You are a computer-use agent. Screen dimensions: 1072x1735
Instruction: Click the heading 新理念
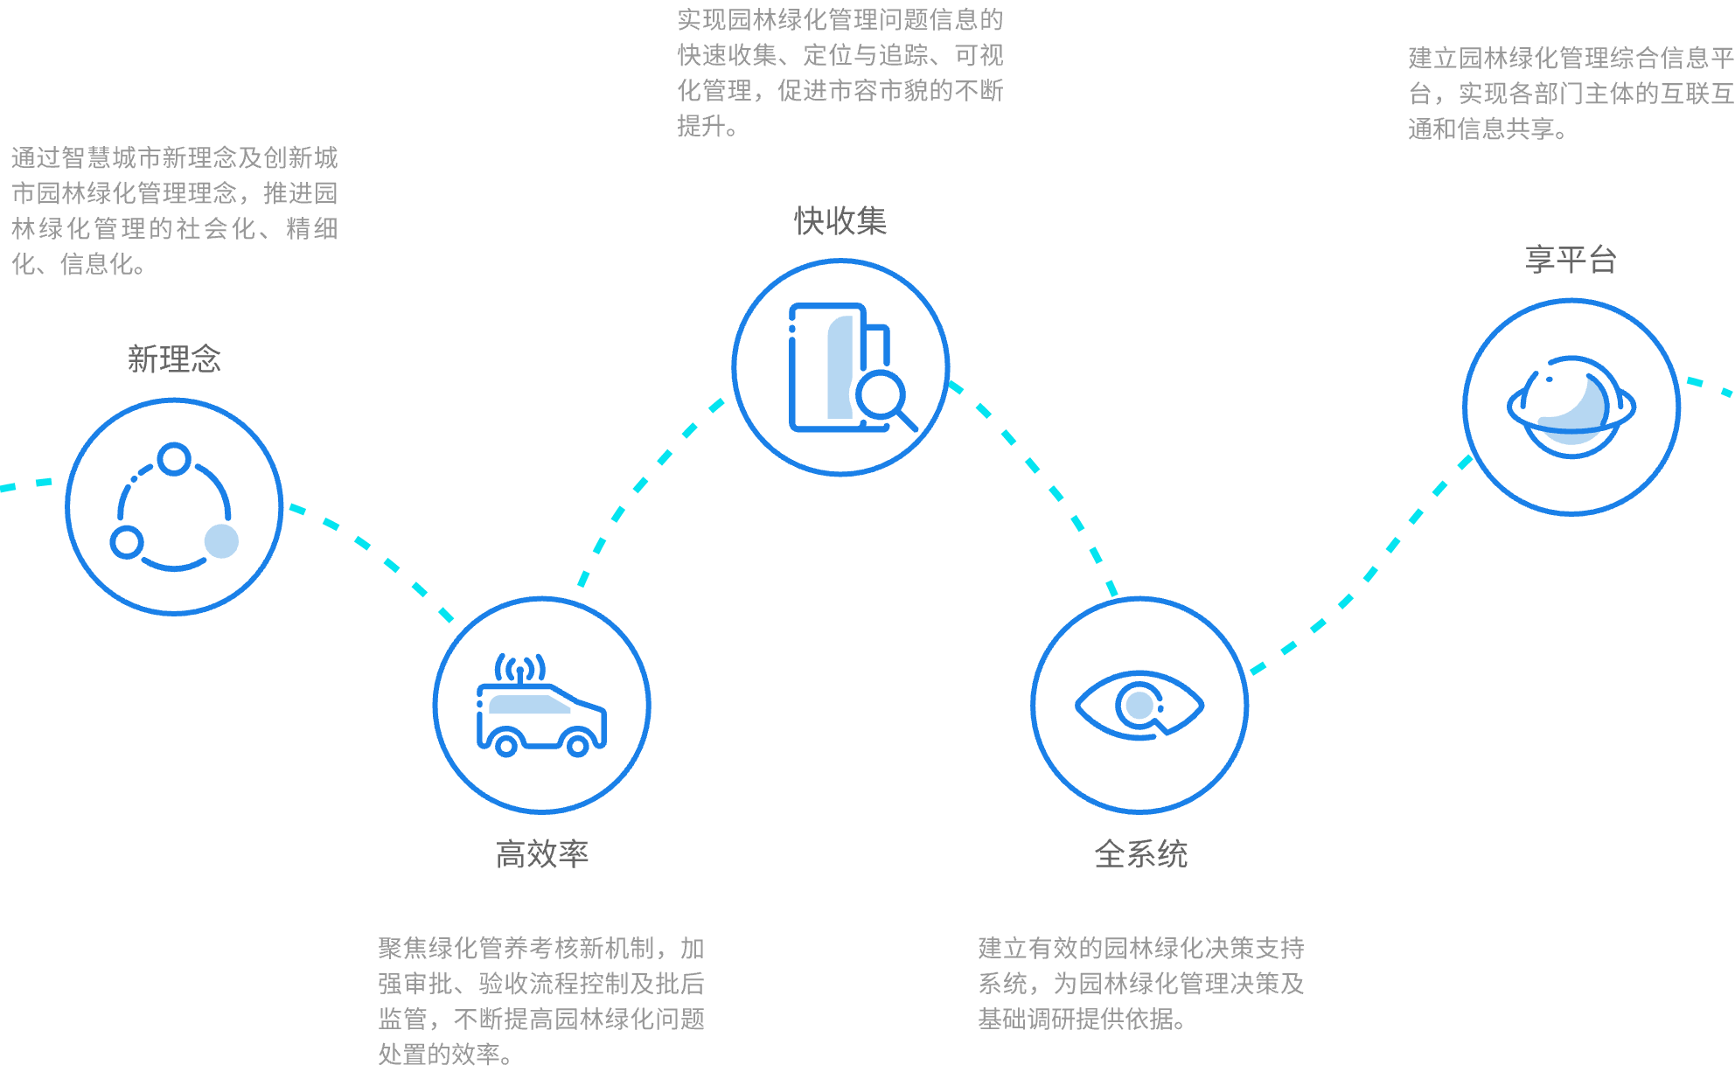[x=174, y=359]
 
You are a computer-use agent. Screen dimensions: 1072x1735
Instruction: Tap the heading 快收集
[x=840, y=221]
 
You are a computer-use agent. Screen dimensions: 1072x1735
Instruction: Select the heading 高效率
[x=542, y=854]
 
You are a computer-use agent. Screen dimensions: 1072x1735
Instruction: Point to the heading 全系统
[x=1141, y=854]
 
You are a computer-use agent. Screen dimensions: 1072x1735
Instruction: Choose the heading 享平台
[x=1571, y=260]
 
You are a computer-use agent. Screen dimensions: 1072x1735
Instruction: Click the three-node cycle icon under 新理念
[x=174, y=507]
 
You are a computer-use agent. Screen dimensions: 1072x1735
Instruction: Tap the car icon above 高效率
[x=541, y=706]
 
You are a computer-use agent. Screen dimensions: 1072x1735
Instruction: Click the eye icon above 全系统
[x=1139, y=706]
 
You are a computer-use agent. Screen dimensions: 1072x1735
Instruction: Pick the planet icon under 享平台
[x=1571, y=407]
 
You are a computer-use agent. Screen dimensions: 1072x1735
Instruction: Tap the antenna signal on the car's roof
[x=520, y=669]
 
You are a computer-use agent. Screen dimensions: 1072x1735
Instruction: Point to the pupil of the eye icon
[x=1139, y=705]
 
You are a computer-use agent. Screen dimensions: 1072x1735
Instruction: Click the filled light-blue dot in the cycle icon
[x=221, y=541]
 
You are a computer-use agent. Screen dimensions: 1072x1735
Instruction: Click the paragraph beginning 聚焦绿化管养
[x=541, y=1001]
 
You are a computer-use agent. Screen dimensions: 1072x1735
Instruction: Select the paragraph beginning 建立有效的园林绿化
[x=1141, y=984]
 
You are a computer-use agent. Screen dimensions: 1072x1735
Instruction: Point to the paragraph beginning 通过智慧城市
[x=174, y=211]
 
